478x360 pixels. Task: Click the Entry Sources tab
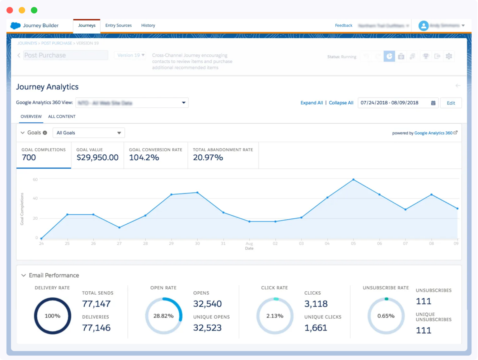pos(118,26)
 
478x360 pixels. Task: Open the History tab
pos(148,26)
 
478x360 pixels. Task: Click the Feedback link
pos(344,26)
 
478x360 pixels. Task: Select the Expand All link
pos(312,103)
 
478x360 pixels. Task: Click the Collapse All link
pos(341,103)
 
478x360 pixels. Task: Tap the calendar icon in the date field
pos(433,103)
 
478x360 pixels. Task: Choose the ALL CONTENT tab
pos(62,116)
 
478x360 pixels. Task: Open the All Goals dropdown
pos(89,133)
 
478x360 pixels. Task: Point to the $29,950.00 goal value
pos(97,157)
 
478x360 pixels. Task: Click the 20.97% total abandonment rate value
pos(208,157)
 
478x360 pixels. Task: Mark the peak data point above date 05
pos(353,180)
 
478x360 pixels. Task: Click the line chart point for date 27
pos(119,227)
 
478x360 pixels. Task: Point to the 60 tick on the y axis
pos(35,180)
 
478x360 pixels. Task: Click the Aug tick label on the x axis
pos(249,243)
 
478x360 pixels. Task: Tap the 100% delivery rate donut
pos(53,316)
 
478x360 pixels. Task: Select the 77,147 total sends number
pos(96,304)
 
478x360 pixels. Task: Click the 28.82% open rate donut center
pos(163,316)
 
